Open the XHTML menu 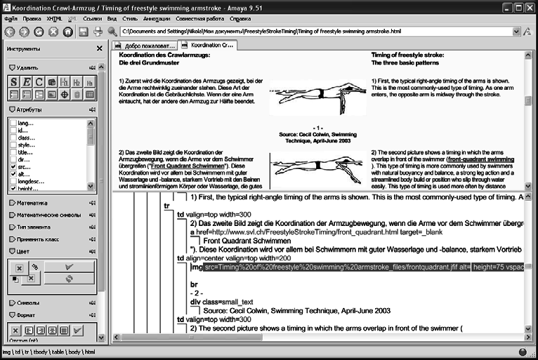click(x=54, y=19)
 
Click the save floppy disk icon click(x=83, y=32)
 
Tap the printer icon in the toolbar click(x=97, y=32)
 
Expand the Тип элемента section click(x=31, y=227)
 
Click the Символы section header click(x=27, y=302)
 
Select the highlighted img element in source click(x=197, y=267)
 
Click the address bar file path click(x=260, y=32)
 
